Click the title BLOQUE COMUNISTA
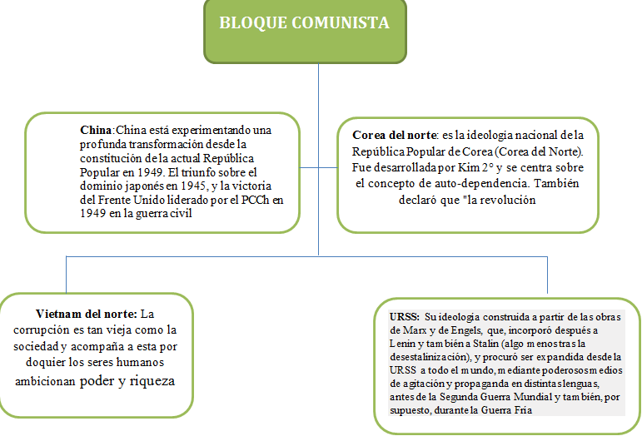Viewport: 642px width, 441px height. [304, 23]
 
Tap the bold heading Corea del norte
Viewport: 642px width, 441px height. [391, 135]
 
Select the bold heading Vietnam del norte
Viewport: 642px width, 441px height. [86, 314]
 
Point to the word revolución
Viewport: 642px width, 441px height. [507, 200]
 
